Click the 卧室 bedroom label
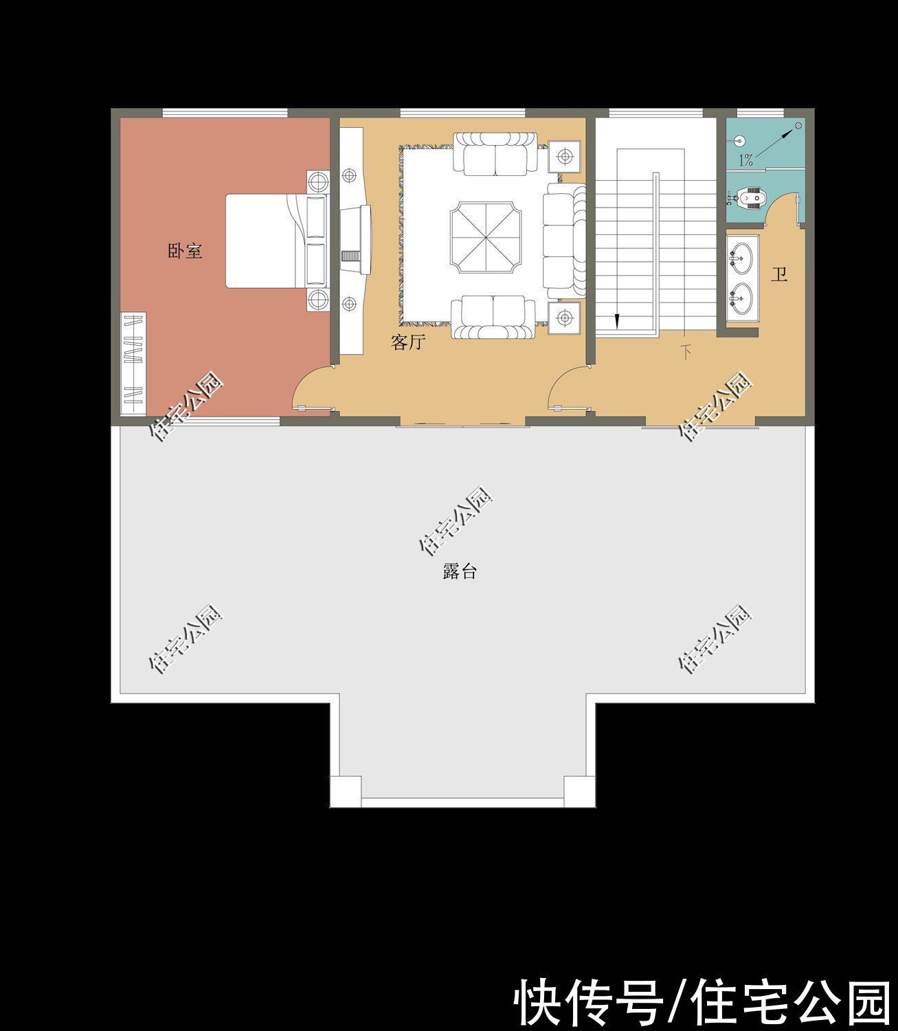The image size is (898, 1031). pyautogui.click(x=185, y=251)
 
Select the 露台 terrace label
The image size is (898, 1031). pyautogui.click(x=460, y=571)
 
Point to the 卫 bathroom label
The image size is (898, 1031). pyautogui.click(x=778, y=276)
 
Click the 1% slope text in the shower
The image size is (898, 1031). pyautogui.click(x=745, y=162)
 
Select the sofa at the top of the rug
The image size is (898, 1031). pyautogui.click(x=495, y=154)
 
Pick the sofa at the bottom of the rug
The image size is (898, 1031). pyautogui.click(x=495, y=316)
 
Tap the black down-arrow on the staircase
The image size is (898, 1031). pyautogui.click(x=617, y=320)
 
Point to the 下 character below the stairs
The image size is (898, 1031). pyautogui.click(x=686, y=353)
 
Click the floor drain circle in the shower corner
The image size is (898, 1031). pyautogui.click(x=798, y=126)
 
